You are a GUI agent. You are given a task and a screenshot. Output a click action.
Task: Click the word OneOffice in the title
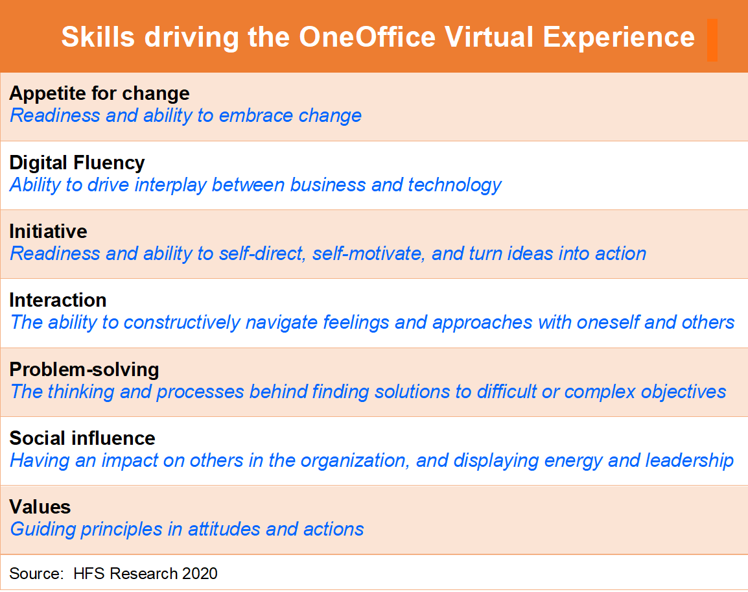tap(368, 37)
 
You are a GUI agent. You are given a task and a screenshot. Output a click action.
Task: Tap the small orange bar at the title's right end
tap(712, 40)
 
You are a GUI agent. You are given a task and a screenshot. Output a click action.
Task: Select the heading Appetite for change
tap(99, 94)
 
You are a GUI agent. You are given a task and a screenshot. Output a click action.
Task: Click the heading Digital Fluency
tap(76, 163)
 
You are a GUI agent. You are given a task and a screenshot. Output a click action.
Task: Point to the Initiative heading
tap(48, 231)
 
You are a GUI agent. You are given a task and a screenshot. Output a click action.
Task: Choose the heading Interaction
tap(58, 300)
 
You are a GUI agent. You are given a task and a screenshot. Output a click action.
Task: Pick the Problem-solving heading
tap(84, 370)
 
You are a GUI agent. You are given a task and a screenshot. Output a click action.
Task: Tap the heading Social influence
tap(82, 438)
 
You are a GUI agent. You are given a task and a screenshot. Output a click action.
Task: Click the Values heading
tap(40, 507)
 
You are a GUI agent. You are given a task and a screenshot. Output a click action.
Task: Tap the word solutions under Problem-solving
tap(412, 392)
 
